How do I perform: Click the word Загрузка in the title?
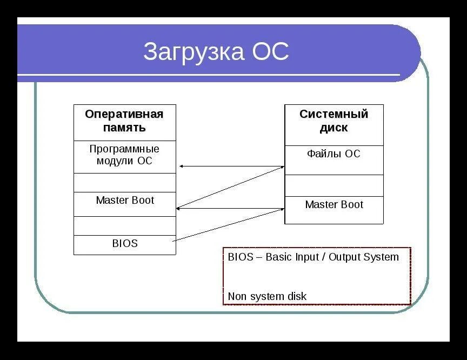coord(193,52)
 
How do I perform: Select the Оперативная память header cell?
coord(124,122)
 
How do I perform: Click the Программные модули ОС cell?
coord(124,156)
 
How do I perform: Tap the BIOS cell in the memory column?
coord(125,244)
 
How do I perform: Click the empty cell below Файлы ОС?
coord(334,185)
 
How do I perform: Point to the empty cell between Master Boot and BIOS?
coord(125,226)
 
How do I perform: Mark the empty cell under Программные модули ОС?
coord(125,183)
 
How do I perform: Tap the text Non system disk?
coord(267,296)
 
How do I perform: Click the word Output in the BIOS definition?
coord(349,257)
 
